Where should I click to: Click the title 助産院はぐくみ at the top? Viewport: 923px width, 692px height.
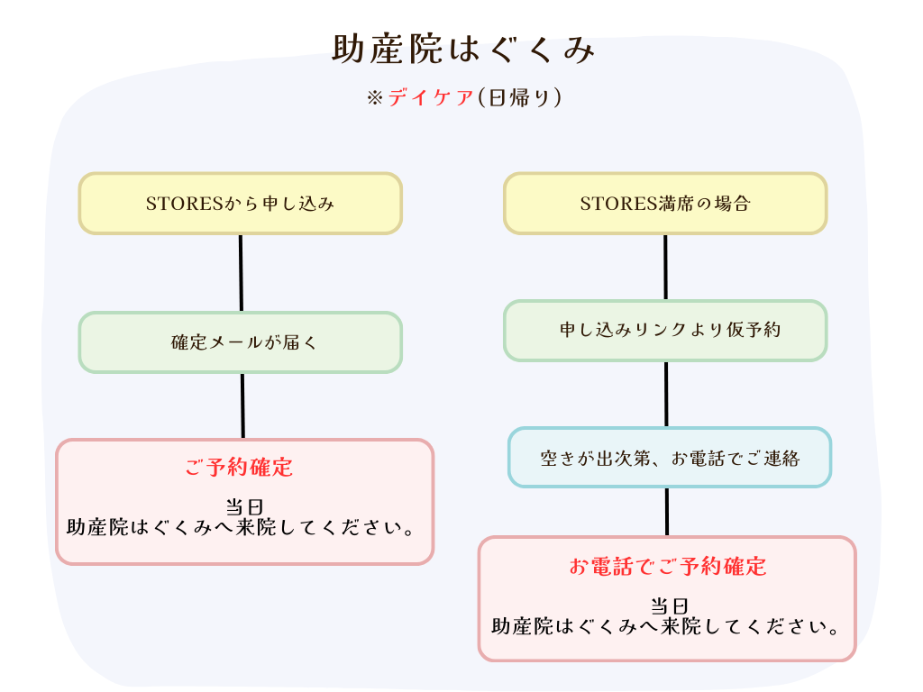click(464, 49)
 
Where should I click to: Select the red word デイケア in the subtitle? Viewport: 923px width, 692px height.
click(431, 97)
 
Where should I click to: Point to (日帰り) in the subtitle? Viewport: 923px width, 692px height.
click(519, 97)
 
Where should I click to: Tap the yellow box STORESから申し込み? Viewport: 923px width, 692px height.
click(240, 204)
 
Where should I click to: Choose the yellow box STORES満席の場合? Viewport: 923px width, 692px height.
click(665, 204)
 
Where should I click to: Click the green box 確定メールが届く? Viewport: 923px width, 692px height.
click(240, 342)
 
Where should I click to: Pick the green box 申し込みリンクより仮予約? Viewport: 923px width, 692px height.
click(665, 330)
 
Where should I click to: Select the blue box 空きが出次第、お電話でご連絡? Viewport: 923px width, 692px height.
click(670, 458)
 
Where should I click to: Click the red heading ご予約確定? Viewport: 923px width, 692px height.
click(239, 468)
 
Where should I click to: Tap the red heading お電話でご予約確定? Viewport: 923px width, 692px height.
click(668, 566)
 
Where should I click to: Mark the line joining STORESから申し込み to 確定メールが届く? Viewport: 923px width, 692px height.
click(241, 273)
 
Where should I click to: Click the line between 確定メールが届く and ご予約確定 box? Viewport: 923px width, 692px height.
click(242, 406)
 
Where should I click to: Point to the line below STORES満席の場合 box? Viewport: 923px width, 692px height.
click(665, 267)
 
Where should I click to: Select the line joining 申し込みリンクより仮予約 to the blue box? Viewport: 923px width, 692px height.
click(666, 395)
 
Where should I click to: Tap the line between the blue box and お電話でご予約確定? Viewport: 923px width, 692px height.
click(667, 513)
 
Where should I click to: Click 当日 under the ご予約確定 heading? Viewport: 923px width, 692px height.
click(244, 506)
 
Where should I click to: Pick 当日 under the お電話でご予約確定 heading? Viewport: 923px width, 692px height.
click(670, 606)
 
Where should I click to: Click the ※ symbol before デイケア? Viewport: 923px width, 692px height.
click(375, 97)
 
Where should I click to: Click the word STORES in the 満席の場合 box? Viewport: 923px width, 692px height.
click(618, 204)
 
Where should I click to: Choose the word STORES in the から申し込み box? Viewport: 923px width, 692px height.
click(185, 204)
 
